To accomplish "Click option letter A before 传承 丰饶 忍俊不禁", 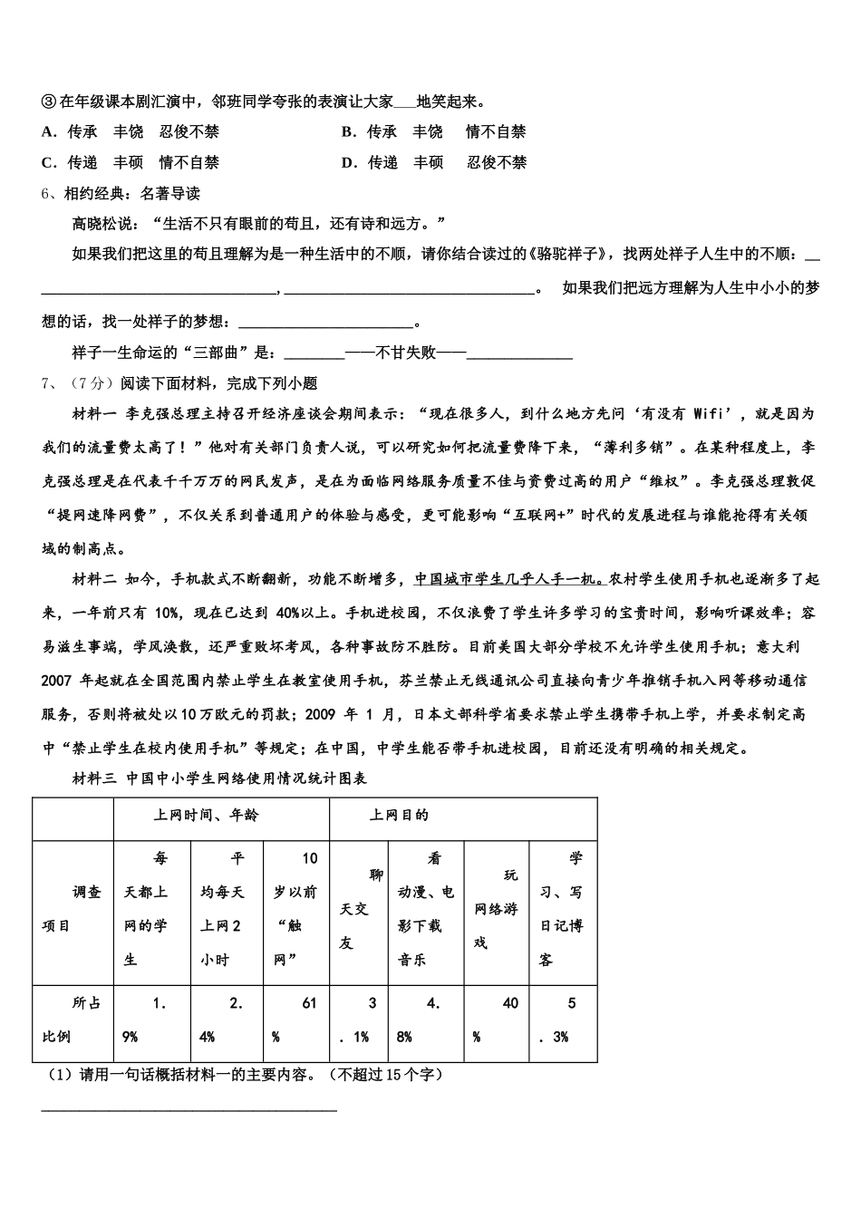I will [49, 132].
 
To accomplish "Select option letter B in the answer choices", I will [348, 132].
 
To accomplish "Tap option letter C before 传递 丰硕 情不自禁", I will [49, 163].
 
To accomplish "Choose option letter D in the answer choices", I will [348, 163].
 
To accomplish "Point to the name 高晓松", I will [94, 224].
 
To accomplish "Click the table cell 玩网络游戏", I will [496, 909].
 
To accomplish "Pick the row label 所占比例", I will [73, 1020].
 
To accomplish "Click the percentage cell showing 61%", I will [295, 1020].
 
